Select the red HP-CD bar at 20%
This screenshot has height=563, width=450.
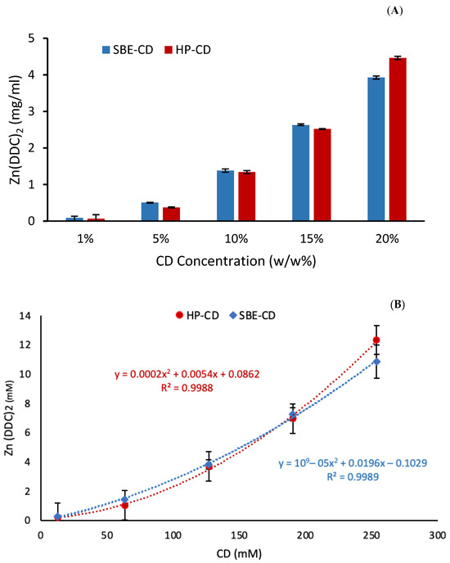(398, 139)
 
